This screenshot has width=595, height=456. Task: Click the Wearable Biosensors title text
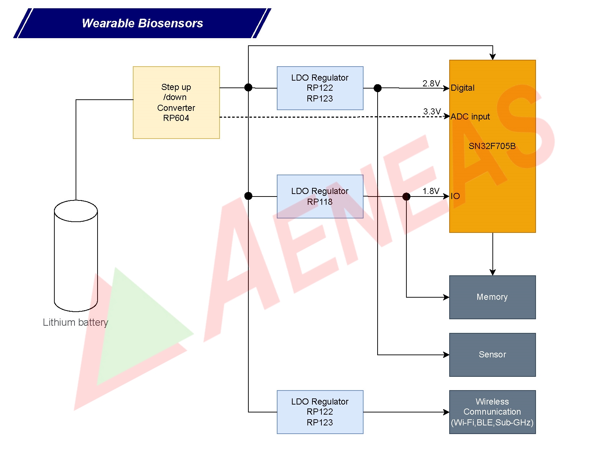pos(142,23)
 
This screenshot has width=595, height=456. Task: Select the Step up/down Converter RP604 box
pos(176,103)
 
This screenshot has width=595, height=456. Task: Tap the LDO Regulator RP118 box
pos(320,197)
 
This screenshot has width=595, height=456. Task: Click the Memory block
pos(492,297)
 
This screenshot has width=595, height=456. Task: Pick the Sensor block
pos(492,355)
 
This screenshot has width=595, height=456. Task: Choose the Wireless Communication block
pos(492,412)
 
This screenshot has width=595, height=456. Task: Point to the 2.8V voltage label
pos(431,83)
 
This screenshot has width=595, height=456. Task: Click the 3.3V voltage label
pos(432,112)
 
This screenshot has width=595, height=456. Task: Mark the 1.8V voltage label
pos(431,191)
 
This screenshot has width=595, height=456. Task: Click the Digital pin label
pos(463,88)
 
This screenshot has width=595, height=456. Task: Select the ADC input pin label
pos(470,117)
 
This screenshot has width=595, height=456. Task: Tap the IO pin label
pos(455,196)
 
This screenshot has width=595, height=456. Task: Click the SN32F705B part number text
pos(492,146)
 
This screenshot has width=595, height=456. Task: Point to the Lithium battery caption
pos(75,322)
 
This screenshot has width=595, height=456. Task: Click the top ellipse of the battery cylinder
pos(76,211)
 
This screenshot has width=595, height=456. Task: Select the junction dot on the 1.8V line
pos(406,197)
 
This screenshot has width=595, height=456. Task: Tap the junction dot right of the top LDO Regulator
pos(378,88)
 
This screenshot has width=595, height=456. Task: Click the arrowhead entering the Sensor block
pos(446,355)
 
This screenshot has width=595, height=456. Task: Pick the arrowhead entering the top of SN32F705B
pos(492,57)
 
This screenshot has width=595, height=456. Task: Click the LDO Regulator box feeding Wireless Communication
pos(320,412)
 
